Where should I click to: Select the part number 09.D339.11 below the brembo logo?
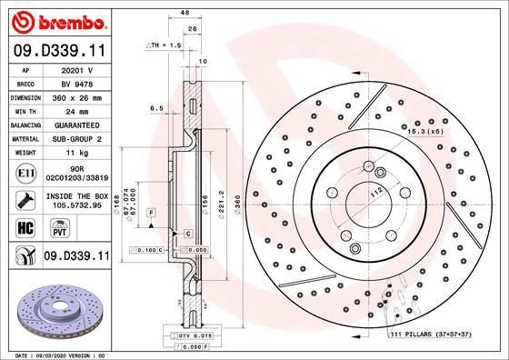coord(57,48)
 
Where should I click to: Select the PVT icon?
coord(45,231)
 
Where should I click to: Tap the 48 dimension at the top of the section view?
coord(185,13)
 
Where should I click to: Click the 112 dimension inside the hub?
coord(374,192)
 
